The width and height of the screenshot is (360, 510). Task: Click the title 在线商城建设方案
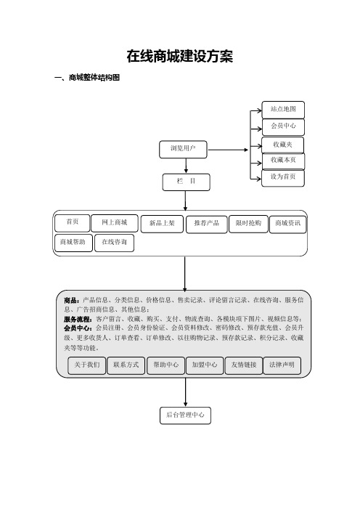coord(180,56)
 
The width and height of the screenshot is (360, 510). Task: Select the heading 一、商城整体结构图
coord(87,78)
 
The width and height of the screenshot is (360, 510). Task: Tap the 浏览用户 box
coord(183,149)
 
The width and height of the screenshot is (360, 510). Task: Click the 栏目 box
coord(187,182)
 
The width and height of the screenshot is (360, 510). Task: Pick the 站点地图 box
coord(283,110)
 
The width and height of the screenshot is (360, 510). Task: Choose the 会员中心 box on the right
coord(283,127)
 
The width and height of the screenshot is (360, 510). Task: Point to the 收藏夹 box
coord(282,145)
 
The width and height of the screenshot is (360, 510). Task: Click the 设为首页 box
coord(282,178)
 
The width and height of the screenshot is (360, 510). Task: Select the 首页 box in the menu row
coord(72,223)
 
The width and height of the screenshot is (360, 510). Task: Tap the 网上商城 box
coord(115,223)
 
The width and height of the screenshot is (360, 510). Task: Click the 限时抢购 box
coord(248,224)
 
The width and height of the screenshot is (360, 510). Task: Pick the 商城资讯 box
coord(288,224)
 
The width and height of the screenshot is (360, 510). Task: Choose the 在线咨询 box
coord(114,243)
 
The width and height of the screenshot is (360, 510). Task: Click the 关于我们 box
coord(87,365)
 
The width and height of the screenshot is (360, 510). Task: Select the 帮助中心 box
coord(165,365)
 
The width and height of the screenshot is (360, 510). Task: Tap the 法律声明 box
coord(282,365)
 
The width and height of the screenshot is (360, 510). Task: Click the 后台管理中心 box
coord(185,416)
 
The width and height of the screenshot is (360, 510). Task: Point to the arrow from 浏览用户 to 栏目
coord(186,166)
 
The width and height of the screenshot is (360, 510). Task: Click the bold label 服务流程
coord(78,320)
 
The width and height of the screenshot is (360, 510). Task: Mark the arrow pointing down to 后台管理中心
coord(186,392)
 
